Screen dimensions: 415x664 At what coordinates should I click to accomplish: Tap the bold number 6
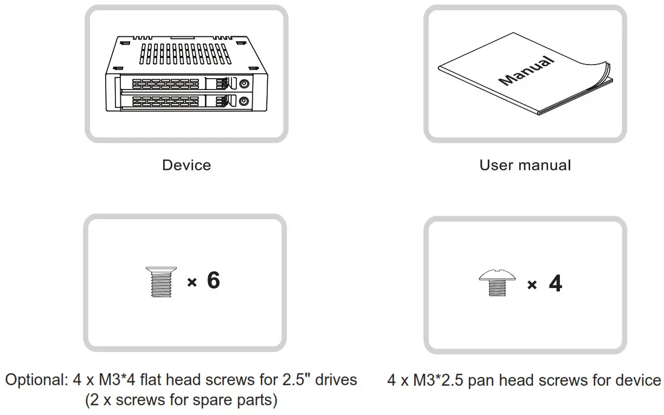click(214, 280)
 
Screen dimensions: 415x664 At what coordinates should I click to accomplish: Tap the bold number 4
click(555, 283)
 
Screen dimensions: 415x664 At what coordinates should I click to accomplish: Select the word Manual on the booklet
click(527, 70)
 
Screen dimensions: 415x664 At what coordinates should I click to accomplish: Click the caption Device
click(186, 165)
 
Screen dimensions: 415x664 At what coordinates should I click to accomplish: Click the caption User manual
click(525, 165)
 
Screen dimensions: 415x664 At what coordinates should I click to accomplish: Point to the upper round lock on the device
click(244, 84)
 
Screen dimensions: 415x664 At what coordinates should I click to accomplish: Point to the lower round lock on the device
click(244, 100)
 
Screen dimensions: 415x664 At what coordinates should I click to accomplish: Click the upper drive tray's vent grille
click(165, 84)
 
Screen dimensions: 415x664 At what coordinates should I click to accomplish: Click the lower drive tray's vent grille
click(165, 101)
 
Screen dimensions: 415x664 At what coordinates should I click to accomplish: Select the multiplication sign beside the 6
click(191, 282)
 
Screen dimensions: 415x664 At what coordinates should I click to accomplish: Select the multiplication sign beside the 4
click(532, 285)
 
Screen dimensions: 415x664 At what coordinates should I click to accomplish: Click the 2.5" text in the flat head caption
click(293, 380)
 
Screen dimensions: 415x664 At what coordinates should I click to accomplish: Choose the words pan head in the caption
click(494, 380)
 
